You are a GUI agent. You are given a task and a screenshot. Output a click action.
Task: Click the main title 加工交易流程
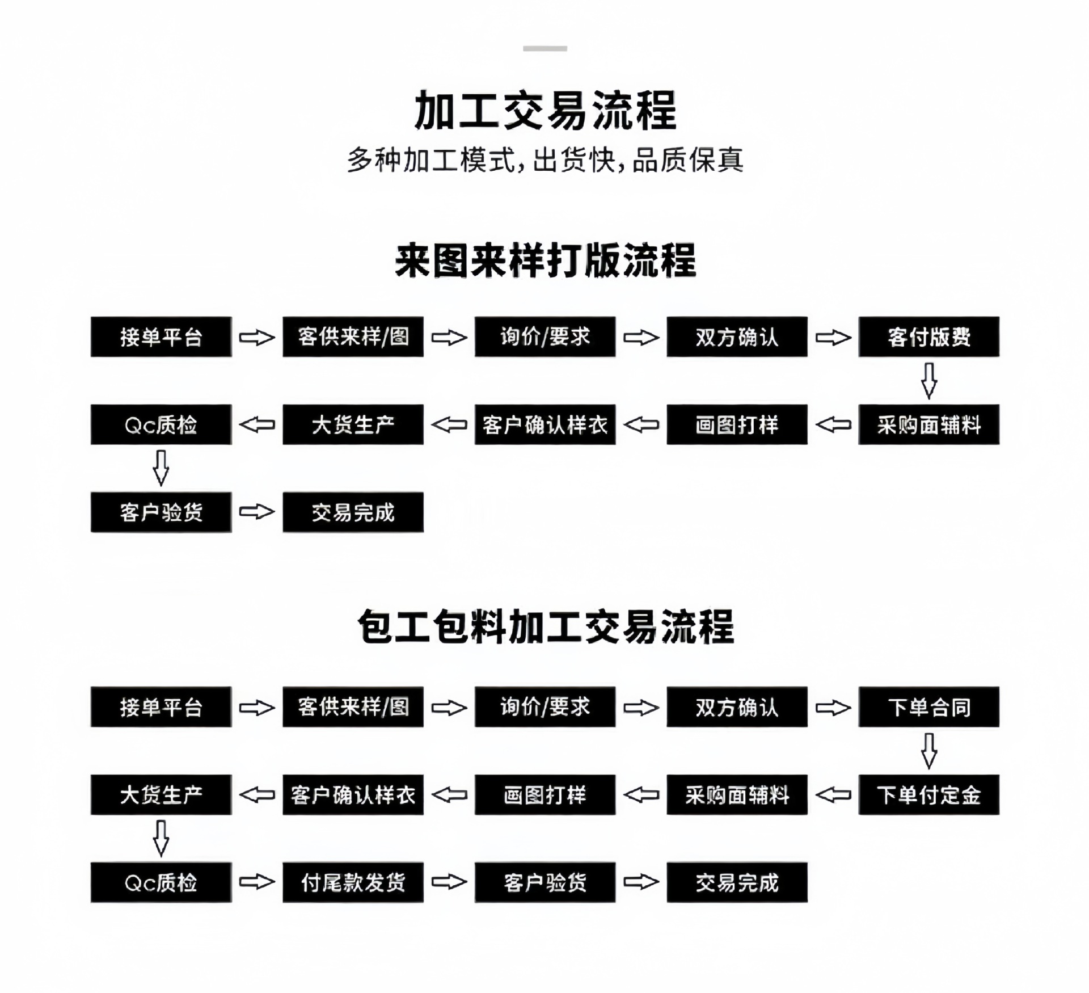(x=545, y=110)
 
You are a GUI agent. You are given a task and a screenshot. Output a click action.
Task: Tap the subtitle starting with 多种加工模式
(x=545, y=160)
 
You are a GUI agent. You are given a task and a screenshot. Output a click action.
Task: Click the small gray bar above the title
(x=545, y=49)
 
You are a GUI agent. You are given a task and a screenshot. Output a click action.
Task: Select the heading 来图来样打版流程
(x=545, y=261)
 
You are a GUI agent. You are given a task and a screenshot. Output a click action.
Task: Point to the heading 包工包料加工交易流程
(x=545, y=627)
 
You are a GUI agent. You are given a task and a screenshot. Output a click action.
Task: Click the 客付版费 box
(x=928, y=337)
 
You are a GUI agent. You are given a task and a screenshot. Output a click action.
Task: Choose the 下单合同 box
(x=928, y=707)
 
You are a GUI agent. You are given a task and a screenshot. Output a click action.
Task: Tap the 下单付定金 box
(x=928, y=794)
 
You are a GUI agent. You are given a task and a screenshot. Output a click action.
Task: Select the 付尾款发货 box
(x=353, y=882)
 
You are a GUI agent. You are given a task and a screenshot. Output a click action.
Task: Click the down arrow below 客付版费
(x=928, y=381)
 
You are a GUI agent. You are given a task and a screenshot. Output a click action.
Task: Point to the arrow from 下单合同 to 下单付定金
(x=928, y=751)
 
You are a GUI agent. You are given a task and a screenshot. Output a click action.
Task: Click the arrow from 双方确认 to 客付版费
(x=833, y=338)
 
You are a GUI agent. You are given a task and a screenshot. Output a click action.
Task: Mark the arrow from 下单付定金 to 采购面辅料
(x=833, y=794)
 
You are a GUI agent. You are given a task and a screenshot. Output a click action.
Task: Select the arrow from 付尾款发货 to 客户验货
(x=449, y=882)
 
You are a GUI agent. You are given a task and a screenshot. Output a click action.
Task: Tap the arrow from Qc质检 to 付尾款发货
(x=256, y=882)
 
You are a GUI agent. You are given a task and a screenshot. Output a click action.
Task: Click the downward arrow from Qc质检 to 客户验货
(x=161, y=468)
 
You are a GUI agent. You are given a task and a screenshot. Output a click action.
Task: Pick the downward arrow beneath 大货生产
(x=161, y=838)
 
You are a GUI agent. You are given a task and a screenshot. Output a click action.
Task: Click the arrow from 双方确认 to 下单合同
(x=833, y=708)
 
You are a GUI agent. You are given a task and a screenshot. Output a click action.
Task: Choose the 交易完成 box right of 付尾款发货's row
(x=737, y=882)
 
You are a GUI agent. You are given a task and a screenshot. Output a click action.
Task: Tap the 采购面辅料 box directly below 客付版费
(x=928, y=424)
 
